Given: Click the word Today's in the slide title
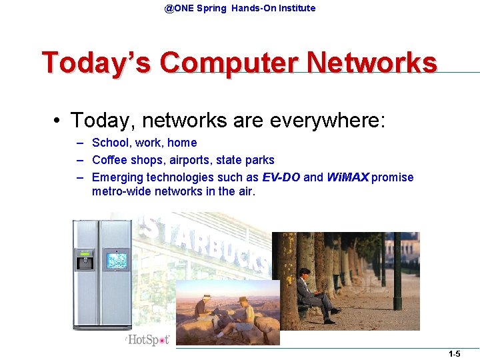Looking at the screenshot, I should (x=97, y=63).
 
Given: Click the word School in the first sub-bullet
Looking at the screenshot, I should (x=108, y=143).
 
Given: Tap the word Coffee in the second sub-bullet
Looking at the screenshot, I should (x=109, y=160).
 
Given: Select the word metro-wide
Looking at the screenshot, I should (x=121, y=191).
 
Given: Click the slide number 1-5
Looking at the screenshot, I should (x=454, y=354).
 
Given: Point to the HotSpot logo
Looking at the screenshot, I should (x=148, y=340).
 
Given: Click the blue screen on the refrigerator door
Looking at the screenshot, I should (x=117, y=260).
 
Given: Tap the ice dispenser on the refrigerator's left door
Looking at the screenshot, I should (x=85, y=261).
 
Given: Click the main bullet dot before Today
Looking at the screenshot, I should (x=59, y=121).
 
